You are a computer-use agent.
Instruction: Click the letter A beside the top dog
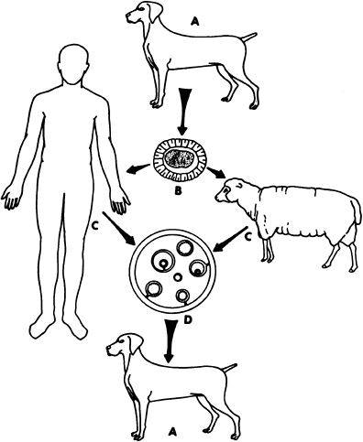tap(194, 21)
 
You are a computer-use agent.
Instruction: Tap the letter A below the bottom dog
tap(173, 431)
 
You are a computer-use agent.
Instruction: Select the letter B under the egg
tap(178, 191)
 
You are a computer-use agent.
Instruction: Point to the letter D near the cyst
tap(188, 320)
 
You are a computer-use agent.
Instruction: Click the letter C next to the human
tap(95, 227)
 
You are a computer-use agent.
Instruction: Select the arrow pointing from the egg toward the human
tap(137, 169)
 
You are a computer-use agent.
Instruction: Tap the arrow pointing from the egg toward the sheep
tap(216, 173)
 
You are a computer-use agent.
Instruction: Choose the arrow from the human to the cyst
tap(120, 229)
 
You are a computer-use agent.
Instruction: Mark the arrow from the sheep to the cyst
tap(230, 240)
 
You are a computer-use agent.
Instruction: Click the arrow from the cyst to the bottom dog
tap(169, 340)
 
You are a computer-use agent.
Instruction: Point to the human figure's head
tap(75, 64)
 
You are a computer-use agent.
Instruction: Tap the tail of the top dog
tap(248, 38)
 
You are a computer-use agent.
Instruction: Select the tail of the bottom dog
tap(229, 368)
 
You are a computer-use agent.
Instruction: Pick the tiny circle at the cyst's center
tap(177, 277)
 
